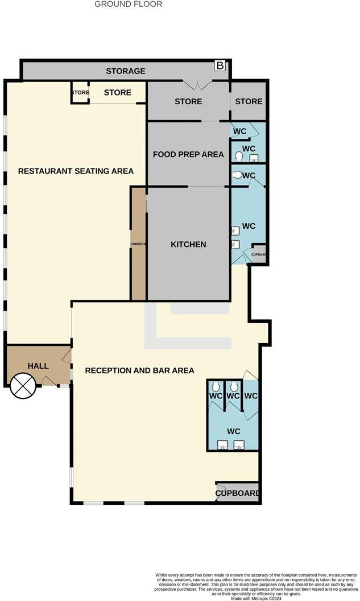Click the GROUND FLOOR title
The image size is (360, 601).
click(128, 4)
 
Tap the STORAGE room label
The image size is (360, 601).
click(126, 71)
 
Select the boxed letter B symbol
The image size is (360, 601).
click(220, 66)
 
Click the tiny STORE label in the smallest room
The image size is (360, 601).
click(80, 92)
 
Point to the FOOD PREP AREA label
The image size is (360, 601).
click(188, 154)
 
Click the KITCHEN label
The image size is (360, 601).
click(188, 244)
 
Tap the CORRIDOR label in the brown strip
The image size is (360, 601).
click(138, 244)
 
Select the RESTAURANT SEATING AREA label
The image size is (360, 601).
click(76, 171)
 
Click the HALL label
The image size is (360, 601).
click(38, 366)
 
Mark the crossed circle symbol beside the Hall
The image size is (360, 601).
click(23, 386)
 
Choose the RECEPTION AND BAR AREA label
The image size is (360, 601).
click(139, 371)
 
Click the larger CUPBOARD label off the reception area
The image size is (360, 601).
click(238, 493)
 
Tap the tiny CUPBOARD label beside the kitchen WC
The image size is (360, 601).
click(259, 254)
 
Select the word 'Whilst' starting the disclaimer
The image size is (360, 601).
click(163, 575)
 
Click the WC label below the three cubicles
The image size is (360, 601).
click(233, 431)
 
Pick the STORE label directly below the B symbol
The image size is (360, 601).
click(249, 101)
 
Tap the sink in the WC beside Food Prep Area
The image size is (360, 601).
click(254, 158)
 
